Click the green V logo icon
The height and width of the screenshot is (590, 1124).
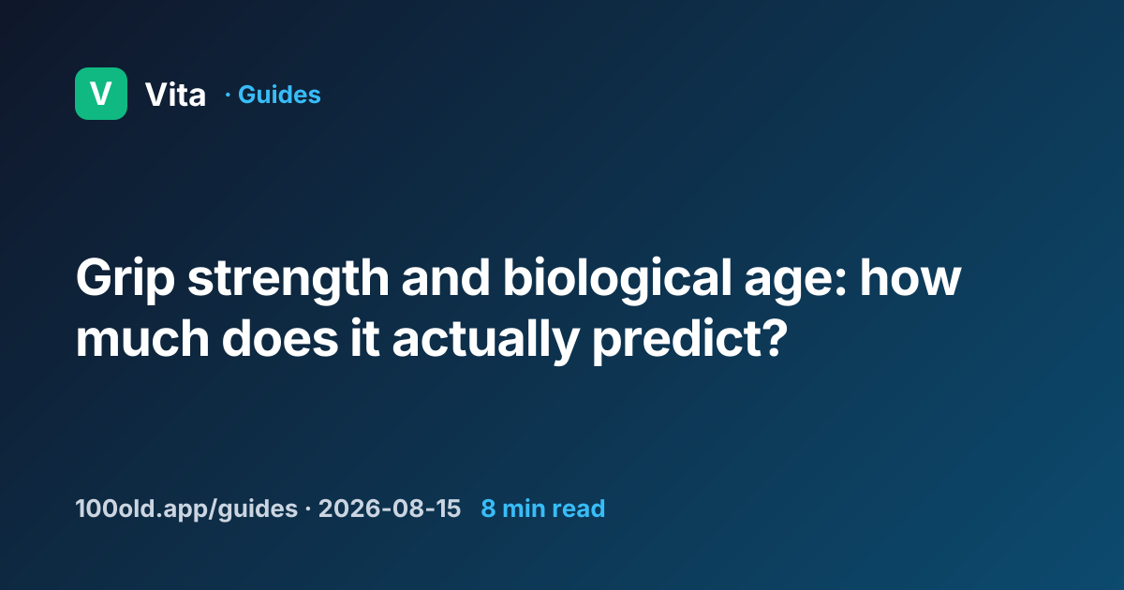pos(101,94)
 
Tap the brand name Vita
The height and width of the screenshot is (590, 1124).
pos(176,95)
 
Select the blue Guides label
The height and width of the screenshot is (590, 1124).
pos(279,95)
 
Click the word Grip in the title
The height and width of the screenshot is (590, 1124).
pos(126,279)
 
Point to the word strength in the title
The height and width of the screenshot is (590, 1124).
pos(288,279)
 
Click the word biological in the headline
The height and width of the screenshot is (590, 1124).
pos(617,279)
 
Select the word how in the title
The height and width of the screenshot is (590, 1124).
pos(910,277)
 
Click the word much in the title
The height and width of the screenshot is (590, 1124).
pos(142,338)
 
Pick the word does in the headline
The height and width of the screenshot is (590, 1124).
pos(280,338)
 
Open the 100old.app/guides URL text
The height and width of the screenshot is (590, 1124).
pos(186,509)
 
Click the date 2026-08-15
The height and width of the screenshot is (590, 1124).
pos(390,509)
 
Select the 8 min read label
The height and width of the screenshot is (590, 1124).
pos(543,509)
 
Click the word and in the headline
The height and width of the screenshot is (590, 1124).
pos(446,278)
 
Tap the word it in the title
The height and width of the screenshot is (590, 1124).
pos(364,338)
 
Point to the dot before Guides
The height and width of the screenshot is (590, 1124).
pos(228,95)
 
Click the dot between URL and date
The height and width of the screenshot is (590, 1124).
pos(307,509)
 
